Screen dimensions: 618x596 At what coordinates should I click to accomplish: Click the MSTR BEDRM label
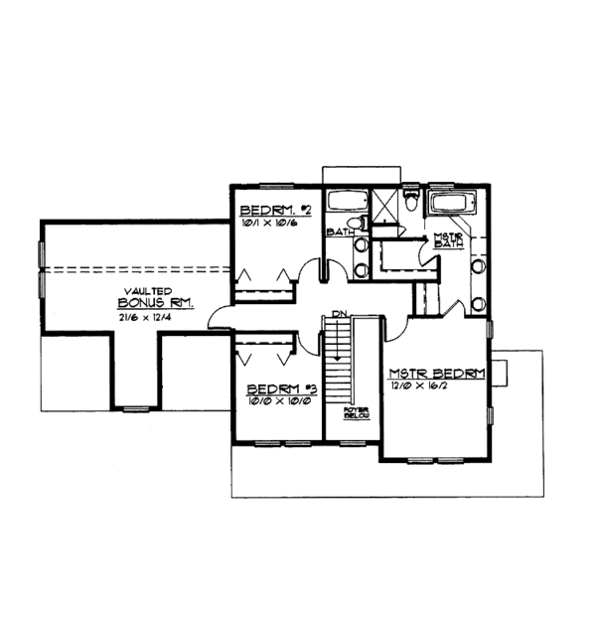pyautogui.click(x=435, y=373)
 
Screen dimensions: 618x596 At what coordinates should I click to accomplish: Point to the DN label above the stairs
pyautogui.click(x=339, y=315)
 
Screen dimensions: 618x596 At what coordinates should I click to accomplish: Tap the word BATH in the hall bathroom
pyautogui.click(x=342, y=233)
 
